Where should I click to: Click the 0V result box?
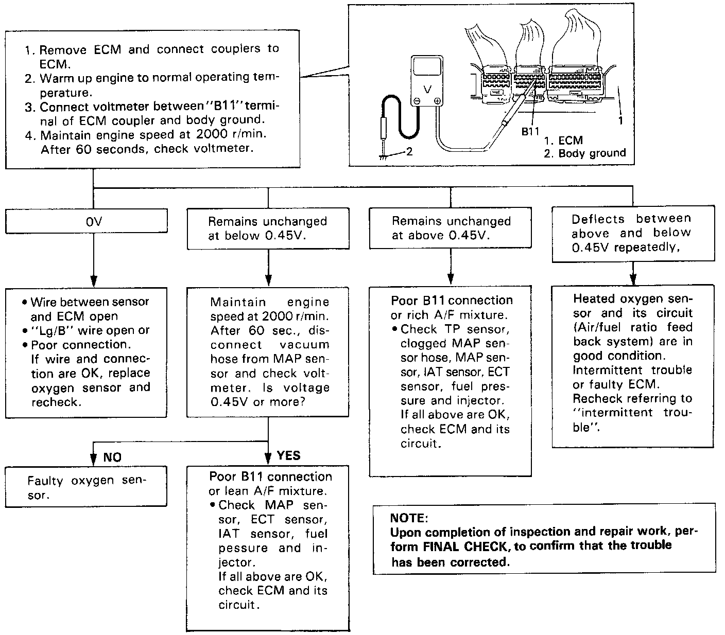[x=86, y=221]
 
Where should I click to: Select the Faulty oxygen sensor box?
[x=86, y=487]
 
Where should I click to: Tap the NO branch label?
[x=112, y=457]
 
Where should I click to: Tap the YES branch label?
[x=288, y=455]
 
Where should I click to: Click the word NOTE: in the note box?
[x=409, y=518]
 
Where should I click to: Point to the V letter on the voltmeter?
[x=427, y=90]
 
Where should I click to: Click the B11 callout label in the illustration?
[x=530, y=131]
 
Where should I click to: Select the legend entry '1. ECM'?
[x=563, y=140]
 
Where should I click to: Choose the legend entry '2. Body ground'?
[x=584, y=153]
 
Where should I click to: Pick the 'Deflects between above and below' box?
[x=633, y=233]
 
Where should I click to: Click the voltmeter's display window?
[x=426, y=68]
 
